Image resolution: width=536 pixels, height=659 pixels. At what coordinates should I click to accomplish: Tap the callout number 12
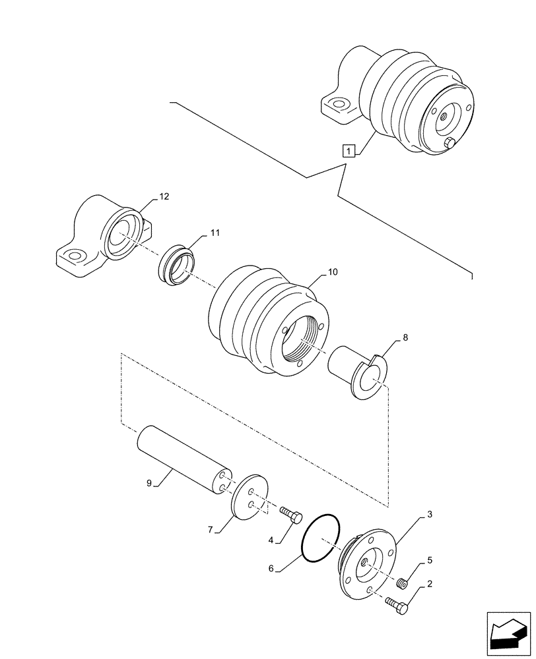point(164,196)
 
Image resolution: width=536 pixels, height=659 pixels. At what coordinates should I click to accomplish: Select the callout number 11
point(216,233)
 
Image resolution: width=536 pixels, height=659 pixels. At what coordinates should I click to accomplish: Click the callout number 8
point(405,337)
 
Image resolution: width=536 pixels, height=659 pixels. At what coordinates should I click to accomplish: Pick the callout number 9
point(150,483)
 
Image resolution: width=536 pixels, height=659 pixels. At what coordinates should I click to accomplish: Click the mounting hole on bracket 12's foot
point(75,256)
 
